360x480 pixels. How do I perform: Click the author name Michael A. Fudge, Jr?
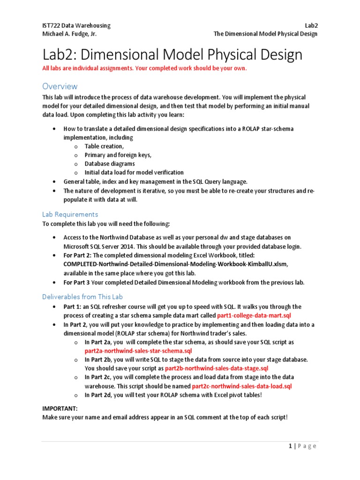70,34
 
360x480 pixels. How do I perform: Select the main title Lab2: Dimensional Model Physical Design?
172,55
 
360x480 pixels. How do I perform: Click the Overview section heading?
60,86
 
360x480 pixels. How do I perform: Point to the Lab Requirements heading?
70,214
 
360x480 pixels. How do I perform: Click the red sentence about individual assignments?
144,68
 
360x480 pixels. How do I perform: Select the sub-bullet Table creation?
104,146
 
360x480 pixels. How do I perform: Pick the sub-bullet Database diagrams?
110,164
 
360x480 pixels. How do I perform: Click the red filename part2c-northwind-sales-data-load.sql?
242,386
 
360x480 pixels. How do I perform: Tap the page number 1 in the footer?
291,446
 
